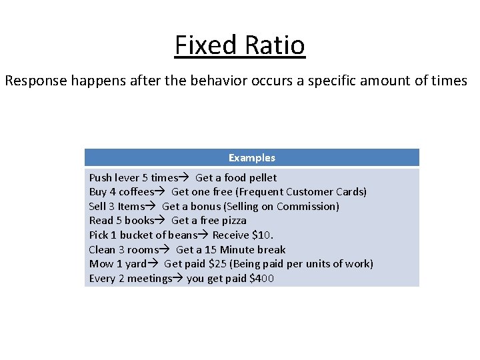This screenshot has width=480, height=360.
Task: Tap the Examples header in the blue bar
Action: [251, 158]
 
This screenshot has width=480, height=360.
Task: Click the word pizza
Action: [233, 220]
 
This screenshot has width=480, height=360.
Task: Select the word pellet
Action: [261, 178]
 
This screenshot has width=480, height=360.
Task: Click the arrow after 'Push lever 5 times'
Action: [183, 178]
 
